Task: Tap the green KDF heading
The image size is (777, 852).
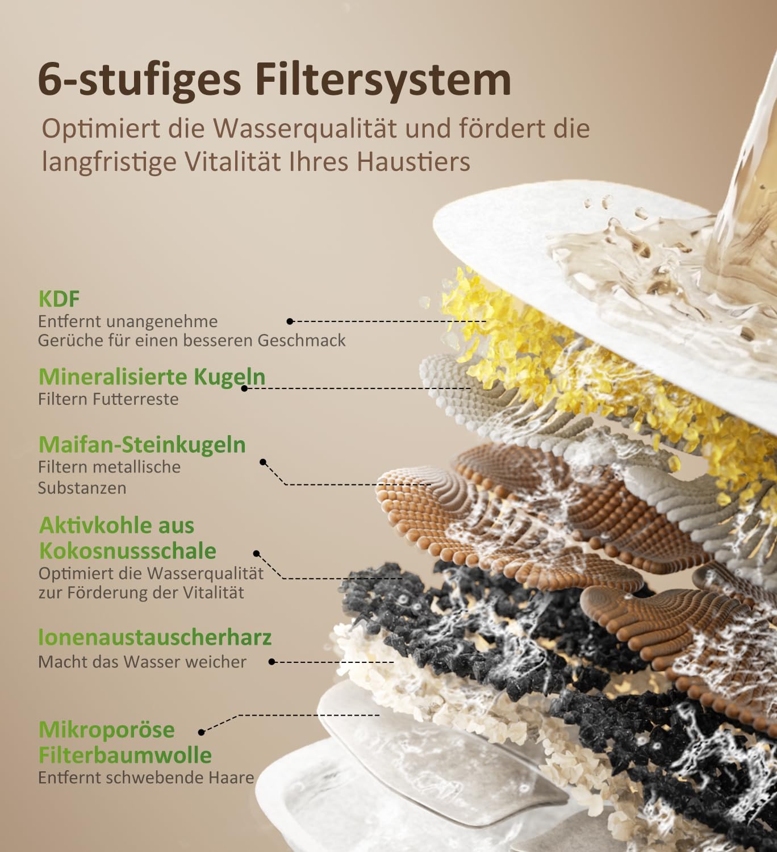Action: (x=59, y=299)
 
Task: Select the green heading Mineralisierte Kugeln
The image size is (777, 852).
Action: (x=152, y=377)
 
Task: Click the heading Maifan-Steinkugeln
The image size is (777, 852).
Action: (x=143, y=445)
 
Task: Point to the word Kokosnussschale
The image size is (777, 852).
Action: (x=128, y=551)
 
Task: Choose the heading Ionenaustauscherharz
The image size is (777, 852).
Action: (x=155, y=637)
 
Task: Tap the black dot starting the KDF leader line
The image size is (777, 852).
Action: (x=290, y=321)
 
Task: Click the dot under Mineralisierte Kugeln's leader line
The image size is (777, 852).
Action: (x=244, y=388)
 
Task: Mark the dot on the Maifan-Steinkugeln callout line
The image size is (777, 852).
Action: (x=263, y=462)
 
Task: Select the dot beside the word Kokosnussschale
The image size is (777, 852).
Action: (x=256, y=553)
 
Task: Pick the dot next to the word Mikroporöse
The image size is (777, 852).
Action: (x=202, y=732)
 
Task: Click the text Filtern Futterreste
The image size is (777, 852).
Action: (x=108, y=399)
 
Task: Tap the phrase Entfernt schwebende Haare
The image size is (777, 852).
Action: (x=146, y=778)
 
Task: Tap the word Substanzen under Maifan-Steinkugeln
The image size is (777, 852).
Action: (x=82, y=488)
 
